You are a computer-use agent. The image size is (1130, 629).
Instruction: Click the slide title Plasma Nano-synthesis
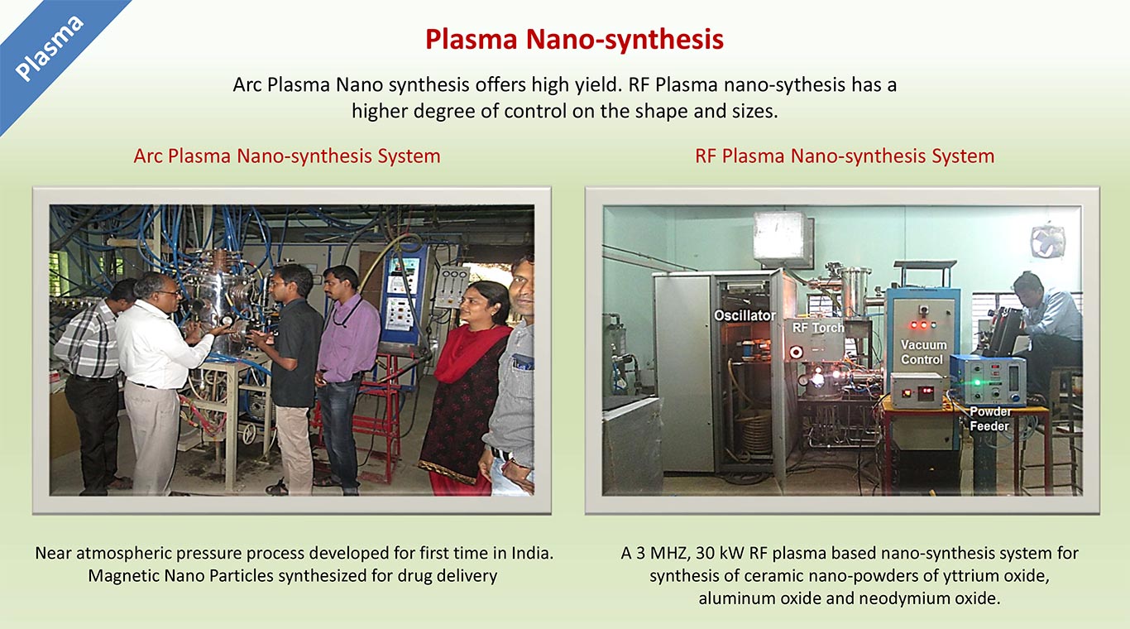click(x=574, y=40)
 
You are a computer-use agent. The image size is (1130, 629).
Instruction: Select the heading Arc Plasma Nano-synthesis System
click(x=287, y=156)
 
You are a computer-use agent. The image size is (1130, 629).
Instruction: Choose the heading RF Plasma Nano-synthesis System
click(x=845, y=156)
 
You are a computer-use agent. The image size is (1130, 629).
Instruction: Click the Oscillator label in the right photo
click(x=745, y=315)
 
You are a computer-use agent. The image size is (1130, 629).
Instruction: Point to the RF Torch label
click(x=818, y=328)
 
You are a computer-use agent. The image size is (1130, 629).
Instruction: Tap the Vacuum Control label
click(x=923, y=352)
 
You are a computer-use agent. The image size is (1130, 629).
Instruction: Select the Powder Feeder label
click(x=989, y=419)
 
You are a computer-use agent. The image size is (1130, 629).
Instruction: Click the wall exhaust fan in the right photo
click(x=1047, y=242)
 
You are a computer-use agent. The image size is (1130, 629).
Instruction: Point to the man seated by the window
click(x=1046, y=334)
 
